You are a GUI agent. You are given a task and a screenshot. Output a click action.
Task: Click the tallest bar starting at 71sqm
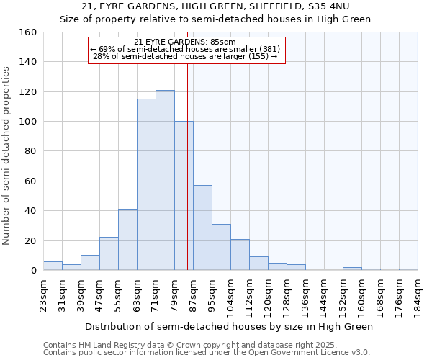(x=165, y=180)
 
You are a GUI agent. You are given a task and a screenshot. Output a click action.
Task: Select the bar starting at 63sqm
(x=146, y=184)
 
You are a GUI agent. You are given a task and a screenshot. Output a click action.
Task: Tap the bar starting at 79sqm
(x=184, y=196)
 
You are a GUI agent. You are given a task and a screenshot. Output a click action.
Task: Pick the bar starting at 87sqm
(x=202, y=228)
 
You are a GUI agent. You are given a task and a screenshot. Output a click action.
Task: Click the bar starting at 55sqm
(x=127, y=240)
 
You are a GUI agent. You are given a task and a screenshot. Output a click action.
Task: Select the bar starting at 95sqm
(x=221, y=247)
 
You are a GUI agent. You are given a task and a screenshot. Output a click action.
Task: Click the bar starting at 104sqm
(x=240, y=255)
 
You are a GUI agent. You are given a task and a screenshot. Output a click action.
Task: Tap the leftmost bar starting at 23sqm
(x=53, y=266)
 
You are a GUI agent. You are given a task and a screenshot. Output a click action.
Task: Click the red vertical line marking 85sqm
(x=187, y=166)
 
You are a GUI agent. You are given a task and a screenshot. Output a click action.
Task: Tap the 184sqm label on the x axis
(x=418, y=295)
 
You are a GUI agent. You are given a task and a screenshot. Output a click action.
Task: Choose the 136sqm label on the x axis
(x=305, y=295)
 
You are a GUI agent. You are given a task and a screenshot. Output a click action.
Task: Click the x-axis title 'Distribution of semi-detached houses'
(x=229, y=326)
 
